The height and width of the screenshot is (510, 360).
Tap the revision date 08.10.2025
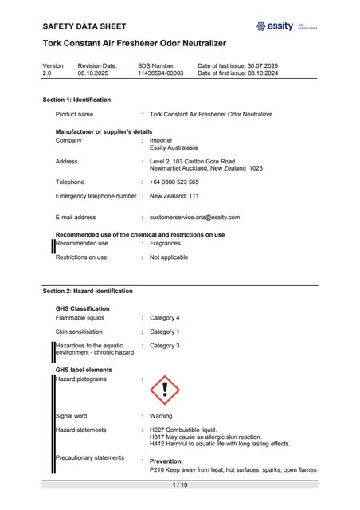click(x=97, y=73)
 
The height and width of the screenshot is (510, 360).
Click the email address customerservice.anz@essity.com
click(x=194, y=217)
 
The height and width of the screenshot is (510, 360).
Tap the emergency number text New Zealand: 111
click(x=174, y=195)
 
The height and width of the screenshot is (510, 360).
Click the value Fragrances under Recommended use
click(x=166, y=243)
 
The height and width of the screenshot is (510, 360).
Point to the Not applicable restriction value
click(x=168, y=257)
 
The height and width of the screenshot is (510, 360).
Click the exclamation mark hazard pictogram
click(x=165, y=390)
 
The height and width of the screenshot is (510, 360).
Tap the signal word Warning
click(x=162, y=416)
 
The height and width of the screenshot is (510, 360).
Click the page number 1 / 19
click(x=180, y=484)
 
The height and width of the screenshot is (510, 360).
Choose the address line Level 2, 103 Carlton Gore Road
click(x=192, y=161)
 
